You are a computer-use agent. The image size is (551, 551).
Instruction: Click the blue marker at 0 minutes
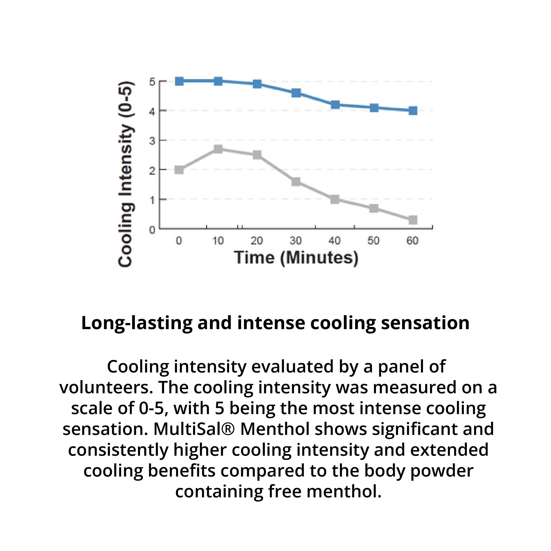(x=179, y=81)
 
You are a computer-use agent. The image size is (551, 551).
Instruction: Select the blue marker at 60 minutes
(x=413, y=111)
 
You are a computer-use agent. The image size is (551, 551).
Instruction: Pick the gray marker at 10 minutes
(x=218, y=149)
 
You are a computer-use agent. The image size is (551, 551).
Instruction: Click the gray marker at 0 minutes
(x=179, y=170)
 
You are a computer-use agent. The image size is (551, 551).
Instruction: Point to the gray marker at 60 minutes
(x=413, y=220)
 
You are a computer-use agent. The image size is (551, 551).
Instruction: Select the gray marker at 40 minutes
(x=335, y=199)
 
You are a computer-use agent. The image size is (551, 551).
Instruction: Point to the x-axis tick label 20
(x=257, y=241)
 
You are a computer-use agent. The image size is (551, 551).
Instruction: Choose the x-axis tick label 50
(x=373, y=241)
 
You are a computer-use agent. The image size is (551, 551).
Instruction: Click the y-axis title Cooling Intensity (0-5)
(x=126, y=174)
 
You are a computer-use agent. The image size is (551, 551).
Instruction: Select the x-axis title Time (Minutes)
(x=296, y=258)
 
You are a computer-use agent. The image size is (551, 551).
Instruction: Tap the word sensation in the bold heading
(x=425, y=323)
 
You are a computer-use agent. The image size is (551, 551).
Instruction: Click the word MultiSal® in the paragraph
(x=194, y=429)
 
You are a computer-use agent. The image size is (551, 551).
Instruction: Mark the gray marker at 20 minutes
(x=257, y=155)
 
